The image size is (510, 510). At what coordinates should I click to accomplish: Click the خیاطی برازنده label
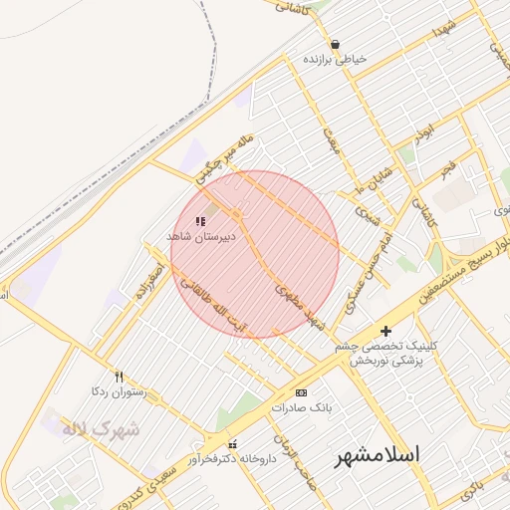click(335, 60)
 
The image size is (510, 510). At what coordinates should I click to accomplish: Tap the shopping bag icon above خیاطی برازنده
click(335, 44)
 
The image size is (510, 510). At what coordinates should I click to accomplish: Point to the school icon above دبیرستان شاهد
click(200, 221)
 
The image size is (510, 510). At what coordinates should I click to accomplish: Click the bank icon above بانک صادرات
click(301, 393)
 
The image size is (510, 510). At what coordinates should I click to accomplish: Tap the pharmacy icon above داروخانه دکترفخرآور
click(232, 444)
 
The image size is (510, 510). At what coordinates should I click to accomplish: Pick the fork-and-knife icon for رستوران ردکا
click(120, 377)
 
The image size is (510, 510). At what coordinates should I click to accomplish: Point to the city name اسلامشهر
click(377, 455)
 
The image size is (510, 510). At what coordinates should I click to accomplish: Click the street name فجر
click(448, 169)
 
